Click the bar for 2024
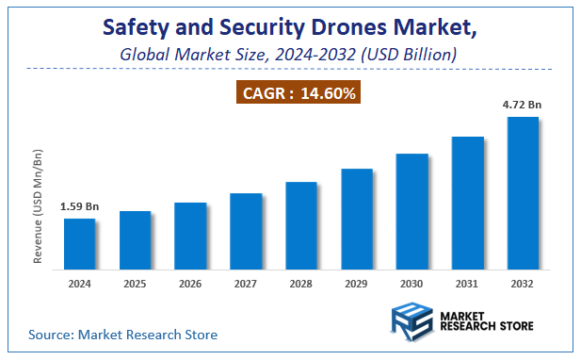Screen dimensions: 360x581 (x=79, y=242)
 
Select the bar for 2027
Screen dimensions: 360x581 (x=246, y=230)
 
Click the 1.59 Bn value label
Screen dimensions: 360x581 (x=79, y=206)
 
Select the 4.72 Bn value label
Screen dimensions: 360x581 (x=523, y=105)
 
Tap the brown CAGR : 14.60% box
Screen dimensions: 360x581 (x=298, y=93)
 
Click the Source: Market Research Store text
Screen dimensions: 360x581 (x=123, y=335)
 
